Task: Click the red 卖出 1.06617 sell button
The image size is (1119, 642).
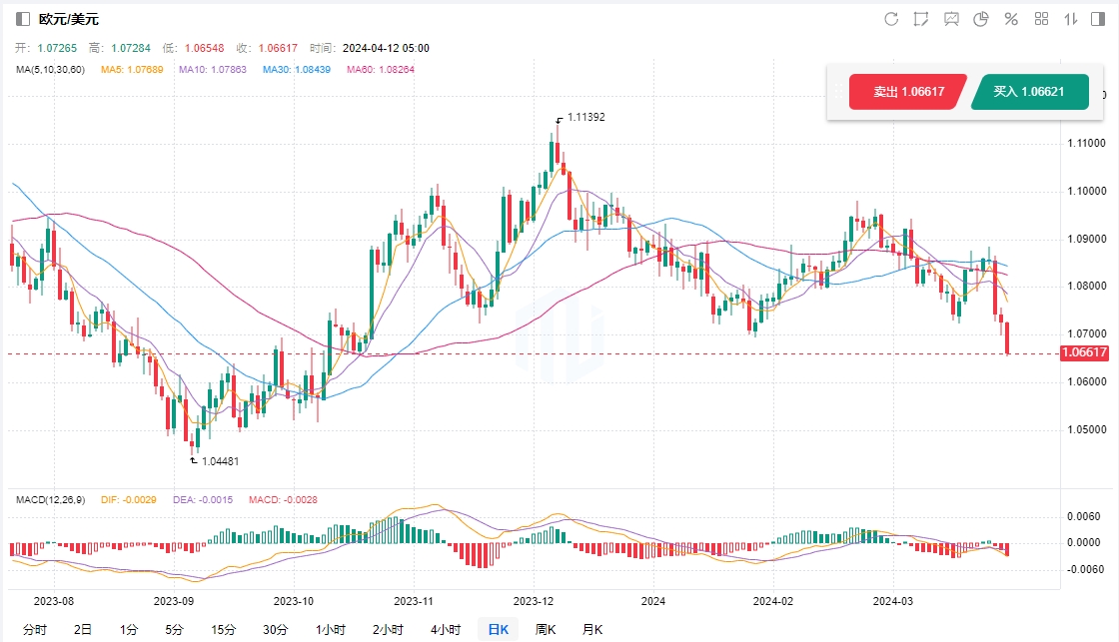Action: [x=908, y=92]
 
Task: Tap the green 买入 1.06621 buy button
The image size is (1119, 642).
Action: [x=1028, y=92]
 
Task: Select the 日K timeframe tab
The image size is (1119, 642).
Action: [x=498, y=629]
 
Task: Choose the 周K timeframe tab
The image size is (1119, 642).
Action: [x=546, y=629]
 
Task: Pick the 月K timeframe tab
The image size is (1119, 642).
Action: [x=592, y=629]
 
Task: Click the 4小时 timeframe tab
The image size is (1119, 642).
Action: [x=446, y=629]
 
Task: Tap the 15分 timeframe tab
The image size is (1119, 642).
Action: [x=224, y=629]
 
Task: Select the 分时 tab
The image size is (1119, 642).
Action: [x=35, y=629]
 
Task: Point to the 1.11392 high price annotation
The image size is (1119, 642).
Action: [x=585, y=117]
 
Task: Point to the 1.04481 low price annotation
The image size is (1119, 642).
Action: [x=220, y=461]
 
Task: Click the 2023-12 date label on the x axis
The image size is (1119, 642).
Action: [x=533, y=601]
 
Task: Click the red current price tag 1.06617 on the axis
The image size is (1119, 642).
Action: [x=1086, y=352]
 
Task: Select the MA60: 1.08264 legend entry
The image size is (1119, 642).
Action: [x=380, y=69]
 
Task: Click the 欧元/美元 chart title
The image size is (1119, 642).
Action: [x=69, y=19]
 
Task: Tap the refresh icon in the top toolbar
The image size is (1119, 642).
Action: [x=891, y=19]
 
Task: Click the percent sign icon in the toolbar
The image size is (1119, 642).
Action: [x=1011, y=19]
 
